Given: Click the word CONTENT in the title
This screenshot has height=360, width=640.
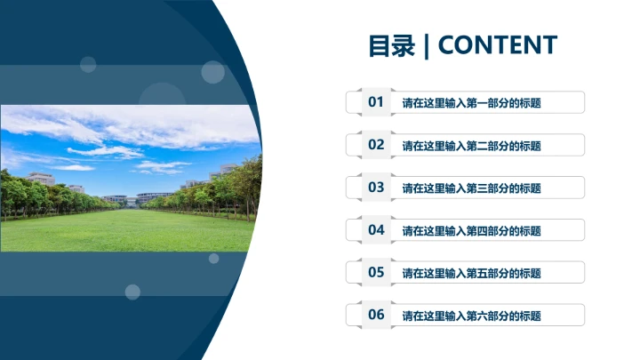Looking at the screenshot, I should [x=498, y=45].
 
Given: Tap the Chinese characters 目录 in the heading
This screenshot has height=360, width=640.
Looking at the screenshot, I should [x=392, y=45].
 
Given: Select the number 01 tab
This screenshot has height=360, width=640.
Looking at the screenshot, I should [x=376, y=102].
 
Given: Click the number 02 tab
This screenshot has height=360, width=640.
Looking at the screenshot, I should [x=376, y=145].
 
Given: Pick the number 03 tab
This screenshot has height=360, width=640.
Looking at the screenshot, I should [x=376, y=188].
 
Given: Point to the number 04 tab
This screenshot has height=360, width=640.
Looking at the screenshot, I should [x=376, y=230].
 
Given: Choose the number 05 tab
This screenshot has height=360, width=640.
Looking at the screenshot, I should [x=376, y=272].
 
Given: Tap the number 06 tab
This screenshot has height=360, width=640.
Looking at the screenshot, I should [x=376, y=315].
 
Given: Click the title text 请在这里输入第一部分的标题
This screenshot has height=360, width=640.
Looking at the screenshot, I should [x=471, y=103].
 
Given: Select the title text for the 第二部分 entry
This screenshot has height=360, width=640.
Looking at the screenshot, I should [x=471, y=146].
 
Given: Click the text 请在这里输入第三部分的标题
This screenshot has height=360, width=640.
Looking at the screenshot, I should [x=471, y=188].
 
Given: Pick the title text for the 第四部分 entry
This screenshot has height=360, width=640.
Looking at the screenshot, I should [x=471, y=231].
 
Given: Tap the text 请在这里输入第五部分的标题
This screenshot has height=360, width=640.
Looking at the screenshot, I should [x=471, y=273].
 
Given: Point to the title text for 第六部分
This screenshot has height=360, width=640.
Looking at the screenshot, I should [x=471, y=316].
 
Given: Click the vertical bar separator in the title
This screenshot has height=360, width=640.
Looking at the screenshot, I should [x=427, y=45].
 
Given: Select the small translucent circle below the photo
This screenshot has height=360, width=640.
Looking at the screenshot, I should [x=132, y=292].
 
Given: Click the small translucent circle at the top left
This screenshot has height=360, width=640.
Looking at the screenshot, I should [x=88, y=64].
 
